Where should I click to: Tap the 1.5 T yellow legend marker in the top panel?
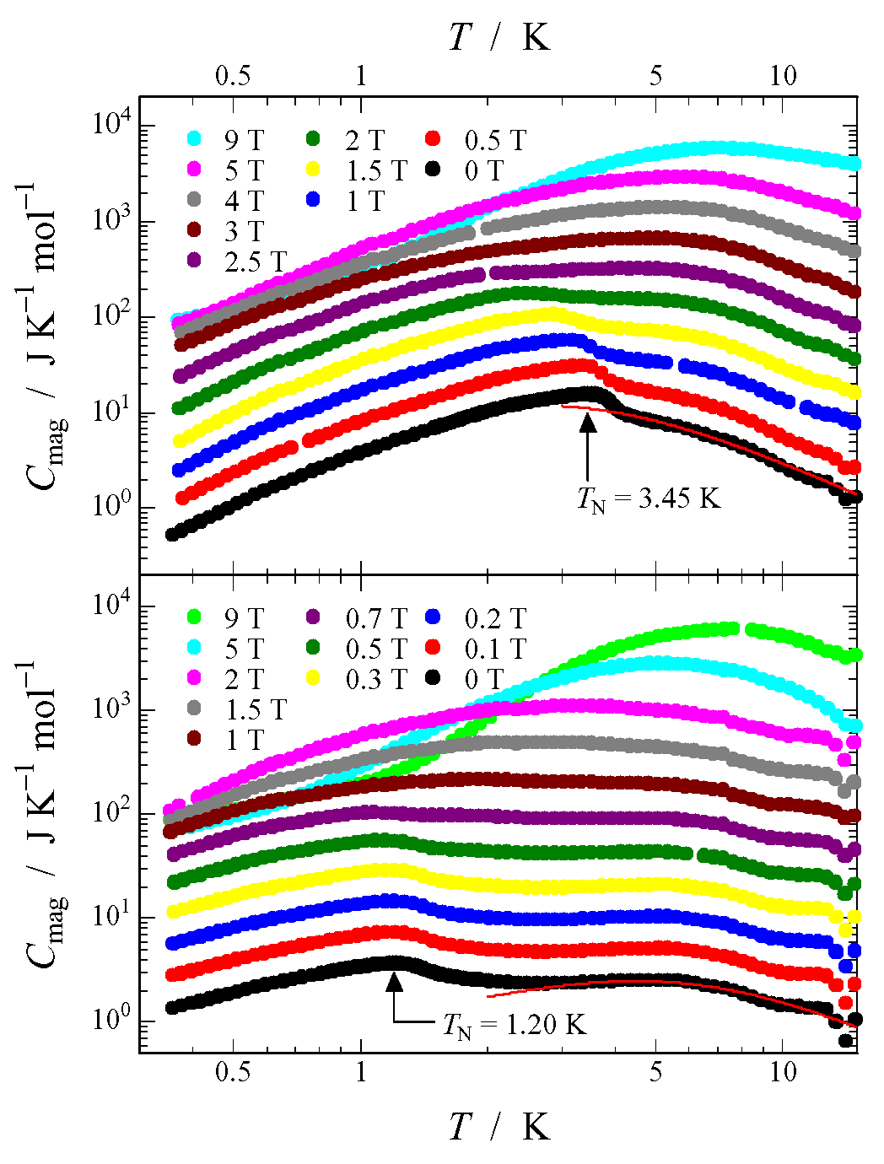pos(313,170)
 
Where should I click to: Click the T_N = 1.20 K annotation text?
pos(515,1025)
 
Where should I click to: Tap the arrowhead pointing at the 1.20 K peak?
pos(394,981)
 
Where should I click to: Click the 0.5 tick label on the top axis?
pos(233,76)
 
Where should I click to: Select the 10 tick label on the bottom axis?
pos(784,1072)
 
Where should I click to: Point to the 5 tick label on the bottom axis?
pos(656,1072)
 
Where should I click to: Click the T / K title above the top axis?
pos(499,37)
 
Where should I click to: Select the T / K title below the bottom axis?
pos(499,1127)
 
